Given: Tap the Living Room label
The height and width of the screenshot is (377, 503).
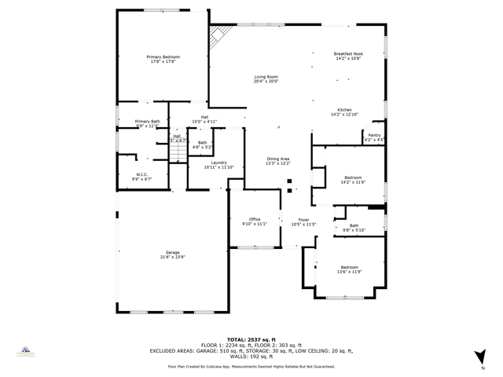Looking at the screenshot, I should coord(266,79).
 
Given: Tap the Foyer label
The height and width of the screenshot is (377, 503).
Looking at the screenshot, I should coord(303,221).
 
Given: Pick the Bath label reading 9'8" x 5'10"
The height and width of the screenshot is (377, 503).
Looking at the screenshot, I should coord(354,228).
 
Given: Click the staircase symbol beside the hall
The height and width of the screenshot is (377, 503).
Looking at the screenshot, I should coord(178,147).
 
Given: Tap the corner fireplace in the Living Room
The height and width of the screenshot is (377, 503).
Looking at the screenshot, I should coord(219,35).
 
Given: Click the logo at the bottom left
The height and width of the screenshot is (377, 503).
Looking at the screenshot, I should coord(25,353).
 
